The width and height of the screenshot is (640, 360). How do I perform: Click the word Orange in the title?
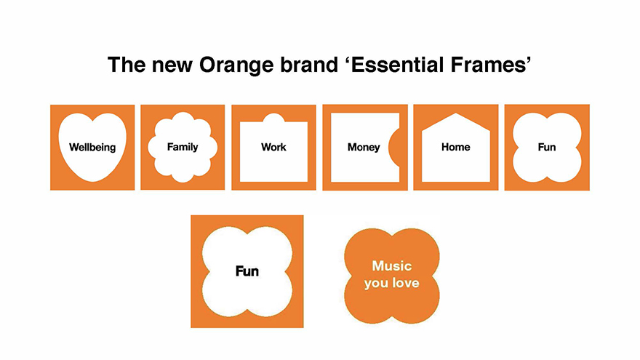pyautogui.click(x=236, y=65)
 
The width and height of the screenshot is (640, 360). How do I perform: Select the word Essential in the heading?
pyautogui.click(x=395, y=65)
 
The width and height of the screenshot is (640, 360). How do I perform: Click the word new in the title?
pyautogui.click(x=172, y=66)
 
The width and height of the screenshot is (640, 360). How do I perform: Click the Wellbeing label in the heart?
pyautogui.click(x=92, y=148)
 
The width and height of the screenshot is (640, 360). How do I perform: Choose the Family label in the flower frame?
pyautogui.click(x=183, y=147)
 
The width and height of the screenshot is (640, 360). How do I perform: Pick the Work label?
pyautogui.click(x=273, y=147)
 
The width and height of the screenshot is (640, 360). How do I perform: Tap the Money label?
pyautogui.click(x=364, y=148)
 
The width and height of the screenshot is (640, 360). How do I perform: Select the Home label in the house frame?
pyautogui.click(x=455, y=147)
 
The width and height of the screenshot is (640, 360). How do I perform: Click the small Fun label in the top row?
pyautogui.click(x=546, y=147)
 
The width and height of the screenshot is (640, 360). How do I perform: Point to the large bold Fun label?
pyautogui.click(x=247, y=271)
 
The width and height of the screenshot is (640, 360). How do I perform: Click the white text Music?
pyautogui.click(x=392, y=266)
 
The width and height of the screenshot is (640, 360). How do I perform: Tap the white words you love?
pyautogui.click(x=392, y=283)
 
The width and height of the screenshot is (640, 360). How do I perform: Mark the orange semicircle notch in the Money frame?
pyautogui.click(x=394, y=148)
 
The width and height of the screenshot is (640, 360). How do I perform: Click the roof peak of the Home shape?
pyautogui.click(x=455, y=113)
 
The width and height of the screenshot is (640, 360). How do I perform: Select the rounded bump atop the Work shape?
pyautogui.click(x=273, y=118)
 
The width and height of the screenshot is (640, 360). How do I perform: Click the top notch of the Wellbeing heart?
pyautogui.click(x=92, y=121)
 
